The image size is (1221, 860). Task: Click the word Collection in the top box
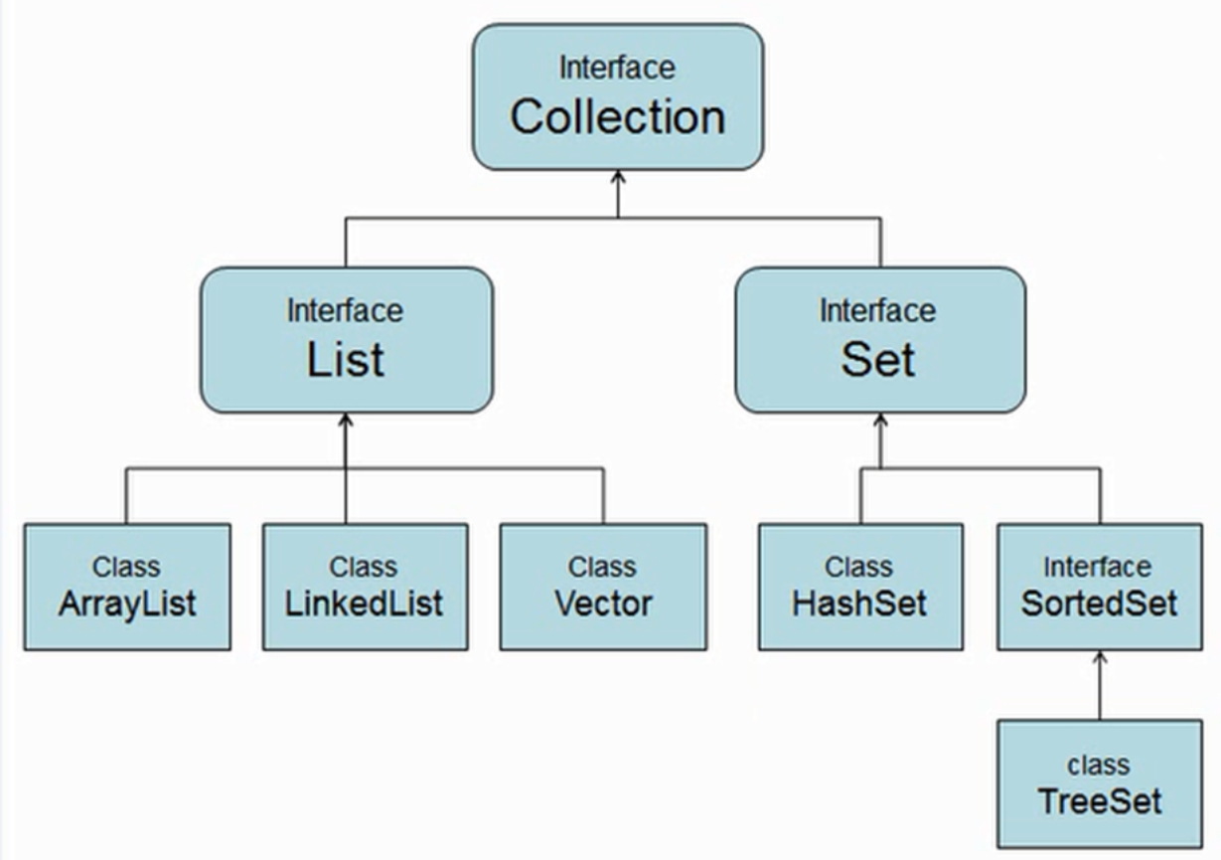click(617, 117)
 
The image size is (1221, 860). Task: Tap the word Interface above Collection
click(617, 68)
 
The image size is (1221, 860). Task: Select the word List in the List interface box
click(345, 359)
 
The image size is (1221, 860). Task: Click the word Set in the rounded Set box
click(878, 359)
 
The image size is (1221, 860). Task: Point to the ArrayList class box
click(127, 588)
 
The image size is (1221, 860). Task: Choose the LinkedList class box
click(365, 588)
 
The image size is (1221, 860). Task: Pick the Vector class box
click(603, 588)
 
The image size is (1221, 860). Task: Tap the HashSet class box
click(860, 588)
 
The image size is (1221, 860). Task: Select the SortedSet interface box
click(1099, 588)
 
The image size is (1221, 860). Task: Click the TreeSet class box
click(1099, 784)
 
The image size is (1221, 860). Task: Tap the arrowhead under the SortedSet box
click(1100, 658)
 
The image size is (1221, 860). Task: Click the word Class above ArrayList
click(126, 567)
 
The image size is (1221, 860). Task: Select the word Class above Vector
click(602, 567)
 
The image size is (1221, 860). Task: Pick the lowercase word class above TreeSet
click(1099, 765)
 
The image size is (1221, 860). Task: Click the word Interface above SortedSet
click(1098, 567)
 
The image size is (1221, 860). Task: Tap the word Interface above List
click(345, 310)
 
